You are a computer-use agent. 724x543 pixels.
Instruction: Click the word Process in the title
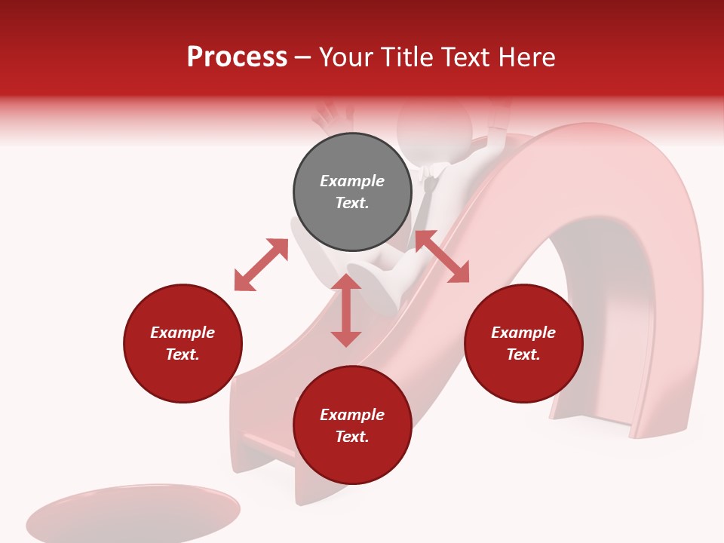click(237, 57)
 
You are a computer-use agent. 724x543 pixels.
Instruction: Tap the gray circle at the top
click(352, 192)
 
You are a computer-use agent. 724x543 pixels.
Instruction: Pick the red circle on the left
click(183, 343)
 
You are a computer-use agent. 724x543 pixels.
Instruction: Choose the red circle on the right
click(523, 343)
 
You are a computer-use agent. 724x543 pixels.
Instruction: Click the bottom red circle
click(352, 425)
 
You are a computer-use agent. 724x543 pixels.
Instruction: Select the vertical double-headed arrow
click(346, 310)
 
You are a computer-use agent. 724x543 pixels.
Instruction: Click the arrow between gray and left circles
click(261, 265)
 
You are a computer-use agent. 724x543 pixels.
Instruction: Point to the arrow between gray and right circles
click(442, 256)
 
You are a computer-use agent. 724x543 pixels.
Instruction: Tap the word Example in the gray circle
click(352, 181)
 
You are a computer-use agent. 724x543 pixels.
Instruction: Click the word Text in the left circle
click(183, 354)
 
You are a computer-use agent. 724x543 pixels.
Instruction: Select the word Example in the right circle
click(523, 333)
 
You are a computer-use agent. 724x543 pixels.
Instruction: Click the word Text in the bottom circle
click(352, 437)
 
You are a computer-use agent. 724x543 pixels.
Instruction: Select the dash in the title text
click(303, 57)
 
